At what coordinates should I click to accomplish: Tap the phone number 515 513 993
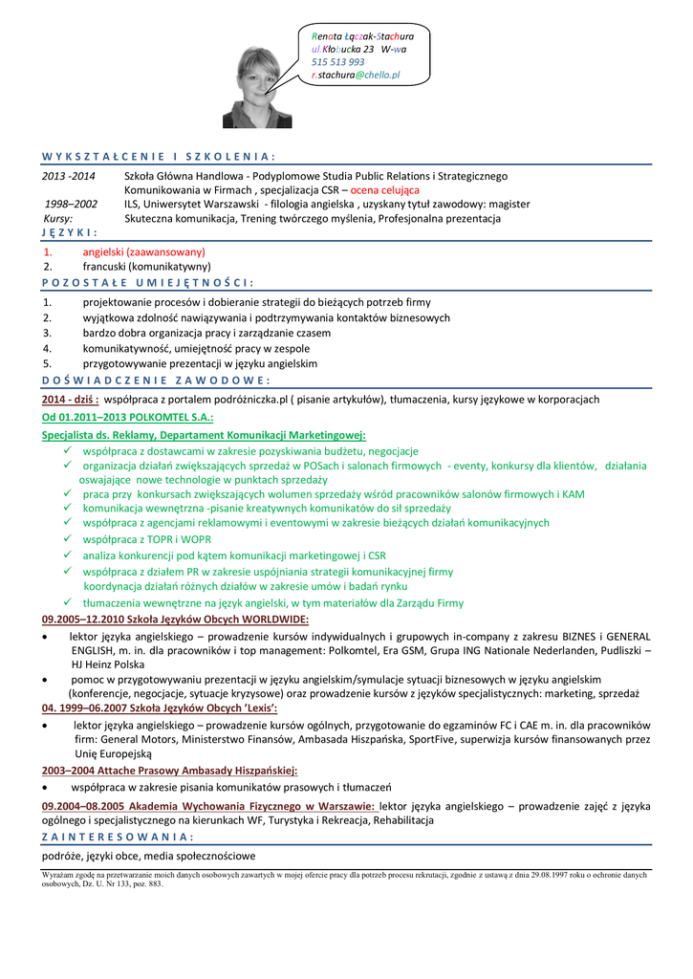tap(337, 61)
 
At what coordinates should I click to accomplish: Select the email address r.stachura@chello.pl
tap(356, 74)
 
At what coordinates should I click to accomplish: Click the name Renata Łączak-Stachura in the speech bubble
tap(362, 34)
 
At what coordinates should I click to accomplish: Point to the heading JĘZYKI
tap(70, 232)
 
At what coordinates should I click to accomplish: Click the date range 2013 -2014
tap(69, 176)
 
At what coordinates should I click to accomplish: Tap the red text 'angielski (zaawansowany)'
tap(143, 251)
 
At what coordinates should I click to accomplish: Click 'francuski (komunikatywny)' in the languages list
tap(146, 267)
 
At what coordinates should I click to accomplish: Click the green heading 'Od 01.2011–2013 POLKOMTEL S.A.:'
tap(127, 417)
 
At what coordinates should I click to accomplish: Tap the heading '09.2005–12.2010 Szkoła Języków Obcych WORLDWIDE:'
tap(175, 620)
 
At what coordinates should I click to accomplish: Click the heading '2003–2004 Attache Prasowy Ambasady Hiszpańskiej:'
tap(170, 770)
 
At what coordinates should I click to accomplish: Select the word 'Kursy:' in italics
tap(58, 218)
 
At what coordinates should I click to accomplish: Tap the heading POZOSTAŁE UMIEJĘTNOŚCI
tap(148, 282)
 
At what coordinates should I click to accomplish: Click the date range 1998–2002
tap(71, 204)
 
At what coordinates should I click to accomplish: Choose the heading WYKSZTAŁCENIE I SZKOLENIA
tap(159, 156)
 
